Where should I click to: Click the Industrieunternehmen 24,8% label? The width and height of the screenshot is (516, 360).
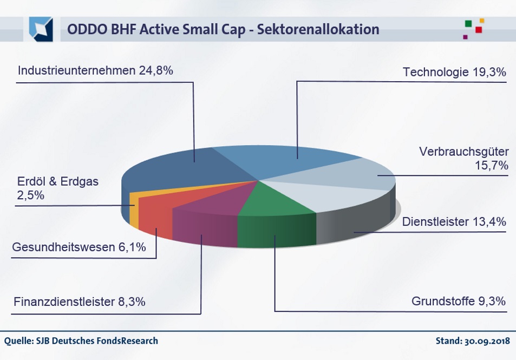[95, 70]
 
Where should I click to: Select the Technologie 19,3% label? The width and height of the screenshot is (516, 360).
[454, 72]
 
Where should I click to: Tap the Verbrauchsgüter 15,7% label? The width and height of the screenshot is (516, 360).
[463, 159]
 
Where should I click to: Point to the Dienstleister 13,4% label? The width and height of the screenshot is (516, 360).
[454, 221]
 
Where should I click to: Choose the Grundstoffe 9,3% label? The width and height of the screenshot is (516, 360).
[459, 300]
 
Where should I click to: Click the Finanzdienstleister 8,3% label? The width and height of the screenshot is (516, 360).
[80, 302]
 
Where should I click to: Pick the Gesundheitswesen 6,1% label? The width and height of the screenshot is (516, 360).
[79, 248]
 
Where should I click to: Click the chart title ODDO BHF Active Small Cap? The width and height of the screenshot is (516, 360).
[223, 29]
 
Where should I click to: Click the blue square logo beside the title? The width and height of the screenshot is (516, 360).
[41, 29]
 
